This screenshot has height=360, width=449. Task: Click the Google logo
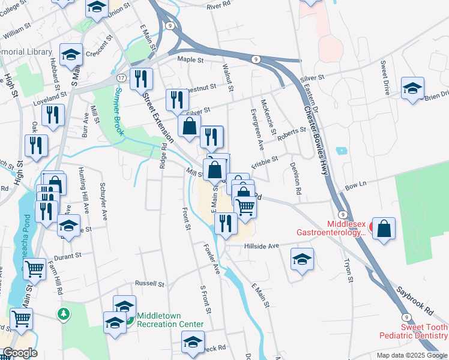point(20,353)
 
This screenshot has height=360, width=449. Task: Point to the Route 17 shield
point(121,79)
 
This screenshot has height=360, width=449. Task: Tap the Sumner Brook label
point(119,111)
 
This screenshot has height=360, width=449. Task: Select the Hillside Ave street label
point(261,246)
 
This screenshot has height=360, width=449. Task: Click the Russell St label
point(149,283)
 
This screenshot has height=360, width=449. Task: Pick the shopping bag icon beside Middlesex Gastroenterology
point(384,229)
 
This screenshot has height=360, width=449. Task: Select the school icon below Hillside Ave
point(302,259)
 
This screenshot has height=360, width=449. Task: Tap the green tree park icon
point(64,314)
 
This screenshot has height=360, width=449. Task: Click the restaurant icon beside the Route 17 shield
point(141,79)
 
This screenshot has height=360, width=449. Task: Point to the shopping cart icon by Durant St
point(34,270)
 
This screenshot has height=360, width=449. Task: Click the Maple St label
point(191,60)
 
